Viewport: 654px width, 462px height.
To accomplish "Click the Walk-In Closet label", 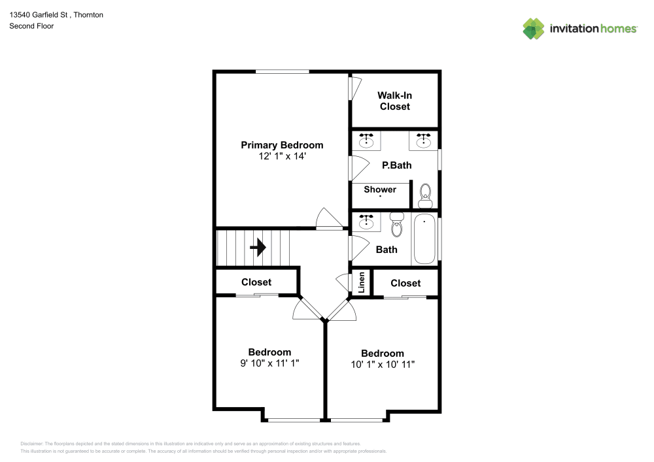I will pyautogui.click(x=394, y=101).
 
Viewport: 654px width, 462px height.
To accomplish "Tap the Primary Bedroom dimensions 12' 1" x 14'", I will pyautogui.click(x=282, y=157).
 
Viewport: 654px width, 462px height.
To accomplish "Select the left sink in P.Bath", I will pyautogui.click(x=367, y=140).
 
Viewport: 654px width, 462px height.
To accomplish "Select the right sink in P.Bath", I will pyautogui.click(x=424, y=140).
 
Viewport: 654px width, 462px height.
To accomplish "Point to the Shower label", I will pyautogui.click(x=380, y=190).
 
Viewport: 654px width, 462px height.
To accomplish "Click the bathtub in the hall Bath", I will pyautogui.click(x=424, y=239).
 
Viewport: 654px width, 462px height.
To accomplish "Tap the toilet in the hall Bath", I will pyautogui.click(x=397, y=225).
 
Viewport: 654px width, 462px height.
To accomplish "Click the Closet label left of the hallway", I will pyautogui.click(x=256, y=282).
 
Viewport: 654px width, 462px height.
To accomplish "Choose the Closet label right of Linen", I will pyautogui.click(x=405, y=283).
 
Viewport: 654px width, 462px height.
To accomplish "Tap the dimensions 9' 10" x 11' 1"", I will pyautogui.click(x=269, y=363).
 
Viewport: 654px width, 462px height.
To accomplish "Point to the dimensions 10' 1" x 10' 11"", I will pyautogui.click(x=383, y=365).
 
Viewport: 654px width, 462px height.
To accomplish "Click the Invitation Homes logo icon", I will pyautogui.click(x=534, y=28).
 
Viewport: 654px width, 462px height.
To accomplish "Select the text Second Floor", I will pyautogui.click(x=31, y=26).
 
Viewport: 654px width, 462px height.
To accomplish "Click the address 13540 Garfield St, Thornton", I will pyautogui.click(x=56, y=14).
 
